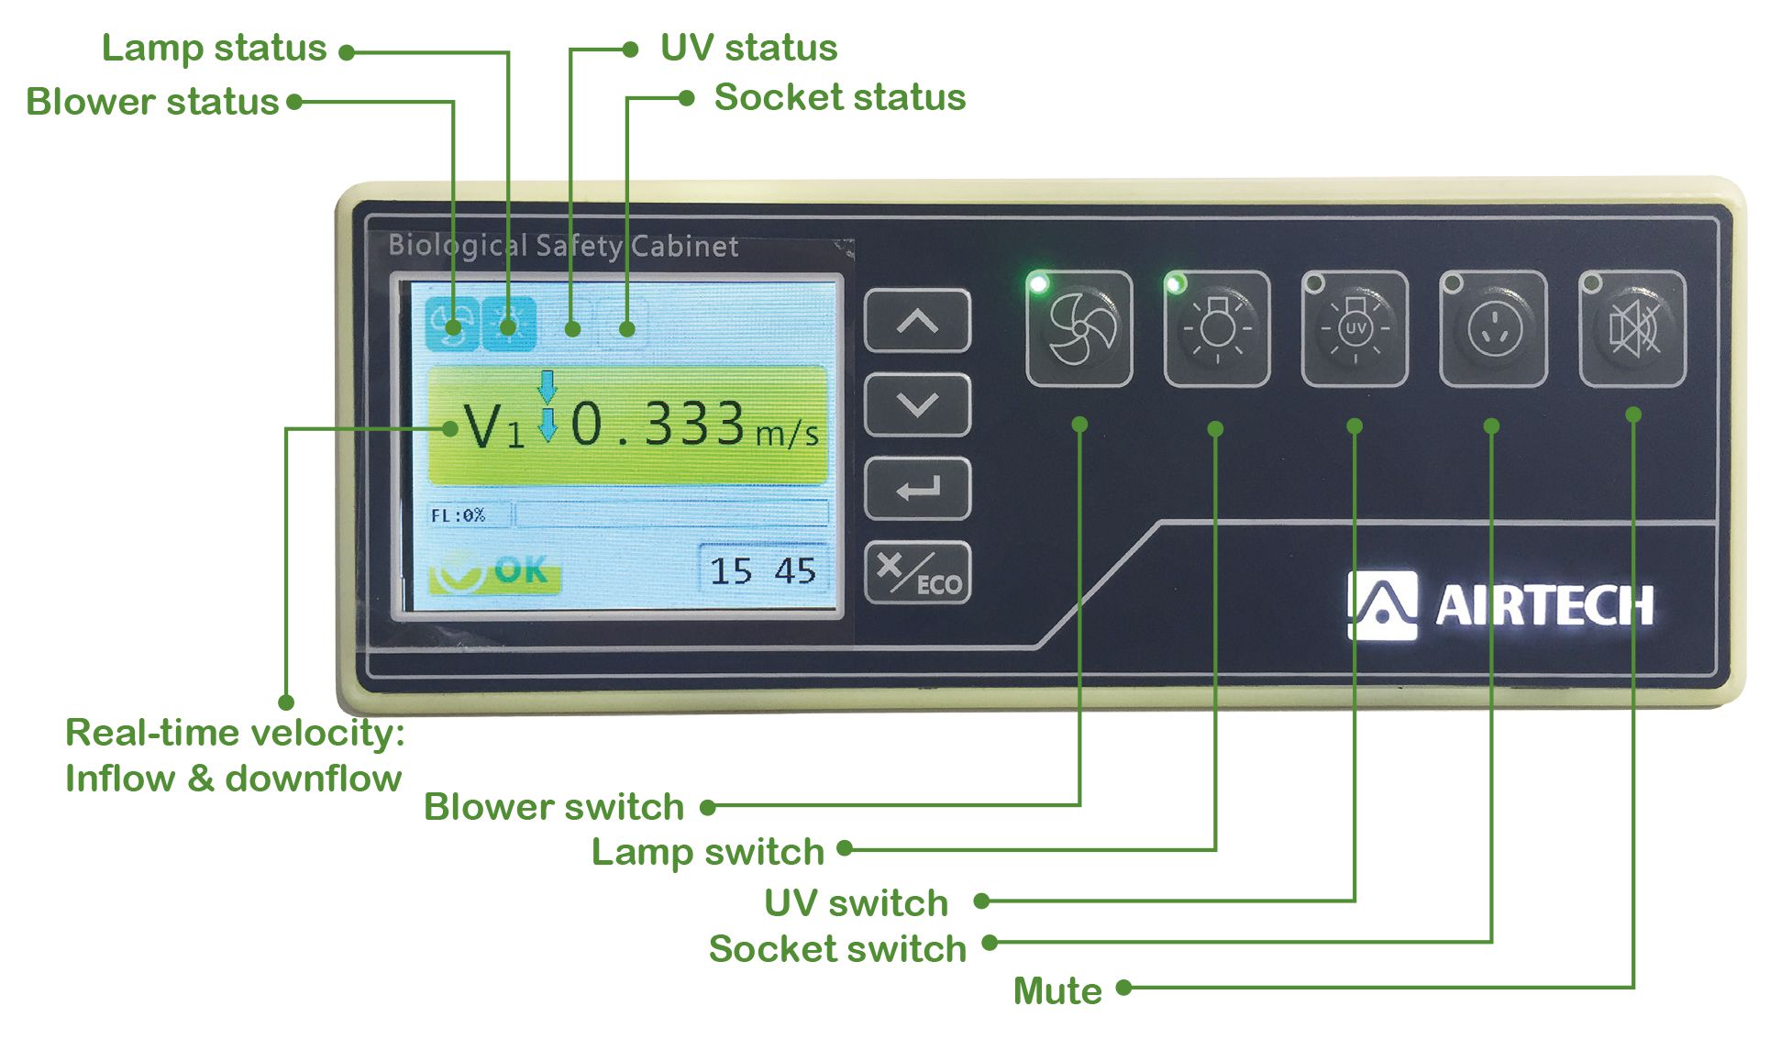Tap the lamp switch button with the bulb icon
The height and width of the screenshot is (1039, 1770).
[x=1217, y=328]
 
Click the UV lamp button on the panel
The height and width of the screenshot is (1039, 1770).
[x=1355, y=328]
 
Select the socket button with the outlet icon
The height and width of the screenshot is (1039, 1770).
[x=1493, y=328]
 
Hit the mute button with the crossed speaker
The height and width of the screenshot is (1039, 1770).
[x=1632, y=328]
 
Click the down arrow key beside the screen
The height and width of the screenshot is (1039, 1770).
[x=917, y=404]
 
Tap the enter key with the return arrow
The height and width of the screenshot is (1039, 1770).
[x=917, y=489]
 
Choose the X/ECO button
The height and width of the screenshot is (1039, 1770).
[x=917, y=573]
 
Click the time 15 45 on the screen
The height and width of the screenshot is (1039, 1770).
[x=762, y=571]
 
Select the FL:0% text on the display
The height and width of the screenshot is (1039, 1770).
[x=458, y=515]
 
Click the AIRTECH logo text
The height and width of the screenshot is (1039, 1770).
[x=1544, y=606]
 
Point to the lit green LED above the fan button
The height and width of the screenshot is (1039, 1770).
[x=1039, y=283]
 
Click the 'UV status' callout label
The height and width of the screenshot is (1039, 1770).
[x=748, y=48]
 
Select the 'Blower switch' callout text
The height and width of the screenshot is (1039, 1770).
[x=554, y=807]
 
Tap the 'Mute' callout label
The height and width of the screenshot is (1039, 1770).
[x=1057, y=990]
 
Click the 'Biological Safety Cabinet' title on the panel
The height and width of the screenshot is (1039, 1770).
[x=563, y=246]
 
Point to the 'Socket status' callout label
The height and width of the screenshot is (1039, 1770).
[x=840, y=97]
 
